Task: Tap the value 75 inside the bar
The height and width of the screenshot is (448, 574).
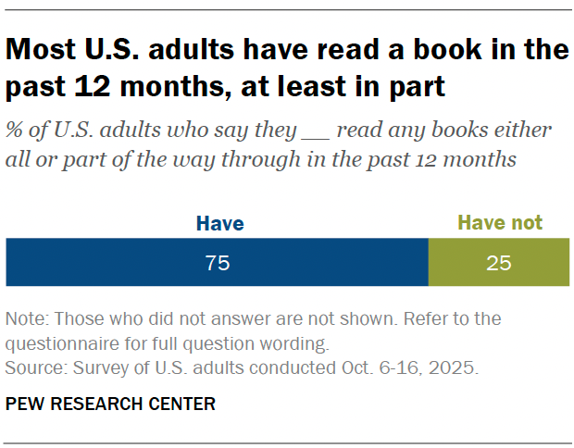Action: [217, 263]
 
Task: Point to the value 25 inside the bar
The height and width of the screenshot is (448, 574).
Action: [499, 263]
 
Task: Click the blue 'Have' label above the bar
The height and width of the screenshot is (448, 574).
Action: [219, 223]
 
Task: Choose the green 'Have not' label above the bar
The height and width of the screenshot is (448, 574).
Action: [500, 223]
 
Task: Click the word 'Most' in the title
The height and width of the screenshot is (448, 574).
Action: [43, 50]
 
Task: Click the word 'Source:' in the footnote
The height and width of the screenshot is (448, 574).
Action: [35, 367]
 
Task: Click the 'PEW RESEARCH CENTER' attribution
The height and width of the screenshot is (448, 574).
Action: [110, 404]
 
